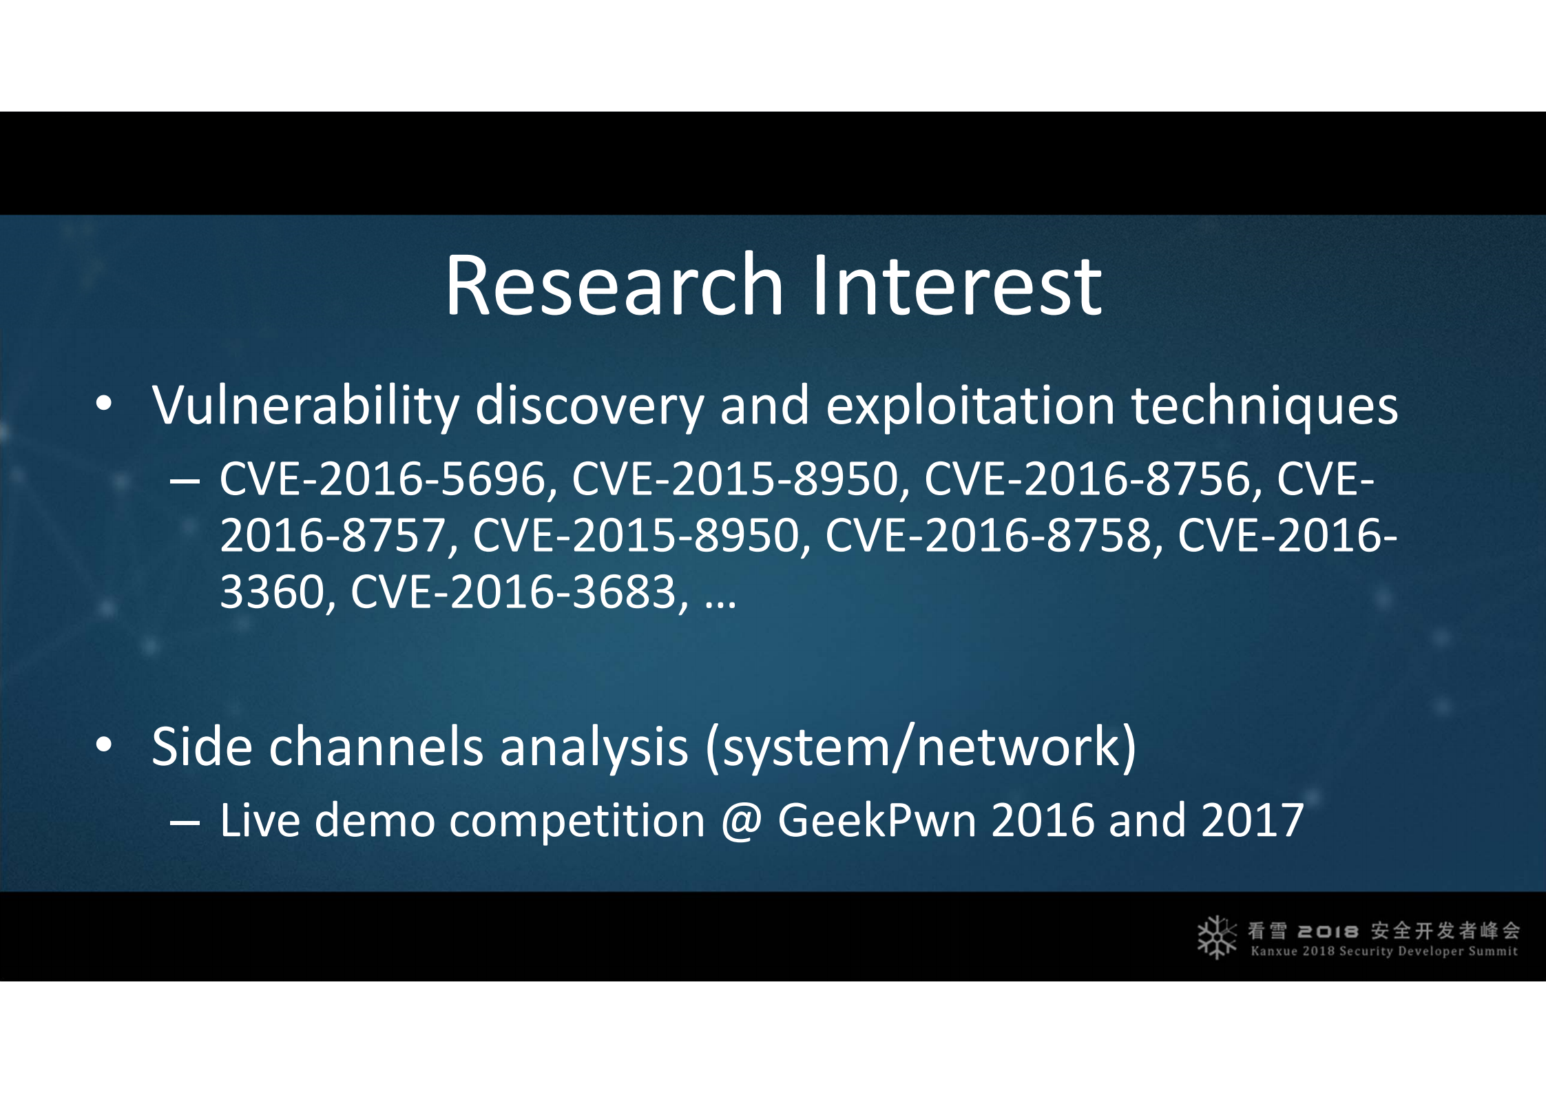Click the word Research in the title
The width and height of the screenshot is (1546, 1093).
tap(614, 284)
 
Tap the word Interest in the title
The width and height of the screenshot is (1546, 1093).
tap(958, 284)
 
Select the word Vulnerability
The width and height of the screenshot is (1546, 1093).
tap(305, 406)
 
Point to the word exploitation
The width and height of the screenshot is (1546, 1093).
tap(970, 406)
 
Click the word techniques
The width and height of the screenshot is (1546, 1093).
tap(1264, 406)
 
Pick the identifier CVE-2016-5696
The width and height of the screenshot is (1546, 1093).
tap(384, 479)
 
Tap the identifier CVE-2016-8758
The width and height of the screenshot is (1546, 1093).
tap(989, 536)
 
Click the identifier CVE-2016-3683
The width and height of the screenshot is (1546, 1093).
tap(514, 592)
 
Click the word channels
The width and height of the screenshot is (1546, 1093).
tap(376, 747)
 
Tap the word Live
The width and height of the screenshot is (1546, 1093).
tap(260, 820)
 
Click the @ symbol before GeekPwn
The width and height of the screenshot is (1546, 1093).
tap(742, 822)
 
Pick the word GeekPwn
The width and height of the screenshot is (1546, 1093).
tap(877, 820)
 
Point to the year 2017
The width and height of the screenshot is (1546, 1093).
tap(1252, 820)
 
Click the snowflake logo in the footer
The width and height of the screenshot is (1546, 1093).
tap(1217, 937)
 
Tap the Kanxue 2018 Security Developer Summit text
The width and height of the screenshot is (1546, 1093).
tap(1384, 952)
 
